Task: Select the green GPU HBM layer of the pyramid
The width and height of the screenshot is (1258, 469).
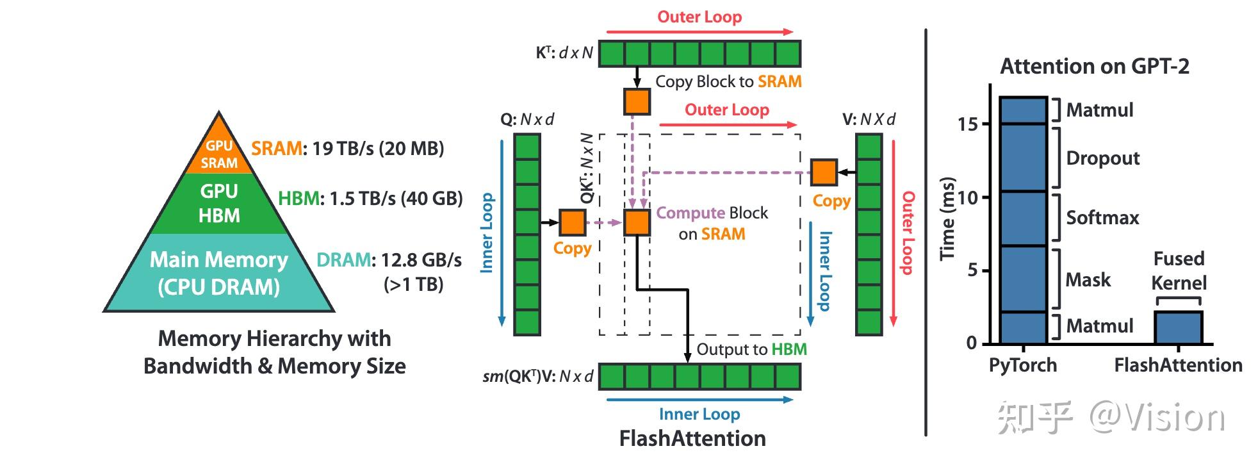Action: click(219, 204)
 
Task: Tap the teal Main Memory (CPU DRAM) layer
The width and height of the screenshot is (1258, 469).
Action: click(219, 272)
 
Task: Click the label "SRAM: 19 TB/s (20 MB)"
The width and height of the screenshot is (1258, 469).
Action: click(347, 149)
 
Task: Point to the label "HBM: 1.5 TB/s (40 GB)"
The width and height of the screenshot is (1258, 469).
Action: click(370, 199)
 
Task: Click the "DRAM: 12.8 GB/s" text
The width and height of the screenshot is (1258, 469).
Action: click(389, 260)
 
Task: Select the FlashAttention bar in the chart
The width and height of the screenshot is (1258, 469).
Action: click(1179, 327)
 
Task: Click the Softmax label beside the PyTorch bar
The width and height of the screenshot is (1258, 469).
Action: click(1102, 218)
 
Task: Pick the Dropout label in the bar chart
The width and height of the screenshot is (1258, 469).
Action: click(1103, 158)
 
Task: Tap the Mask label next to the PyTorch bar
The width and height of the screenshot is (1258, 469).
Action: click(1088, 279)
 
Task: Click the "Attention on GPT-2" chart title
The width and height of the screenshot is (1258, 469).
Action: click(1095, 67)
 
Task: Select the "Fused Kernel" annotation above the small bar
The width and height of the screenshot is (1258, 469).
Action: click(1179, 270)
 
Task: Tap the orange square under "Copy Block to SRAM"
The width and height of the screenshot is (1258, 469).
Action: click(637, 102)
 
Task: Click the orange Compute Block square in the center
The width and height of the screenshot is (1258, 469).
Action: click(637, 222)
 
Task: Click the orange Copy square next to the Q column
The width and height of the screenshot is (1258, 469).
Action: click(572, 222)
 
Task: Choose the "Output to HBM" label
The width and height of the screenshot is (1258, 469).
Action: click(751, 349)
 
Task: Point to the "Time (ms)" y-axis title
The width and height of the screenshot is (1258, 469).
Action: click(947, 218)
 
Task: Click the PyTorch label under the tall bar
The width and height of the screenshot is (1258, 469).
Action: click(1023, 365)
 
